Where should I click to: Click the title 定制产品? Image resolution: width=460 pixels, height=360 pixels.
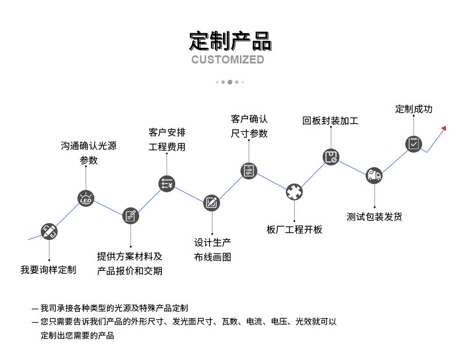click(x=230, y=41)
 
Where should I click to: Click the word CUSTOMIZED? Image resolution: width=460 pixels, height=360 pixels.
click(x=228, y=59)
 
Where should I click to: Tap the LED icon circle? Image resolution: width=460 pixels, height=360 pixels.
click(x=86, y=199)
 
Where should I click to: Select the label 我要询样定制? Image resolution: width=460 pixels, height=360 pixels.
click(x=48, y=270)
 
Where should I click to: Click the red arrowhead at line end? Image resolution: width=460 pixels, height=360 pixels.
click(x=444, y=128)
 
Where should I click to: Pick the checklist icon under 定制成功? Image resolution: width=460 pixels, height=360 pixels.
click(x=413, y=144)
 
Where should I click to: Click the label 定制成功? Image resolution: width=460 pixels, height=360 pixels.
click(x=413, y=109)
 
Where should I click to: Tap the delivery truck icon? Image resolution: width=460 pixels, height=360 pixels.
click(x=374, y=175)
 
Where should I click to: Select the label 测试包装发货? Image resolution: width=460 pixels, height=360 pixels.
click(x=374, y=217)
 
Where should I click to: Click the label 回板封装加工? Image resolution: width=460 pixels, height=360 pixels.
click(x=330, y=121)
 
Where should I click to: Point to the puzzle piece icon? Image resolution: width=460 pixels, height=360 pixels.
click(x=294, y=191)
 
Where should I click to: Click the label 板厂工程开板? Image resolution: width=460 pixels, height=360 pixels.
click(x=294, y=230)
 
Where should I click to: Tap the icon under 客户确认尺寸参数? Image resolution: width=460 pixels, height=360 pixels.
click(x=249, y=171)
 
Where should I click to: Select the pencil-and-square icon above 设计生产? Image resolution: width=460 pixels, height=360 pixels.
click(x=211, y=203)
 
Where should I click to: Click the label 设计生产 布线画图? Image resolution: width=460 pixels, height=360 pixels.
click(x=213, y=249)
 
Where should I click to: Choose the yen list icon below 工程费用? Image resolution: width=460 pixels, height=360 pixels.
click(x=167, y=184)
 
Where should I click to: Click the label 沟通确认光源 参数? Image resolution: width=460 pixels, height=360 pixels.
click(x=89, y=153)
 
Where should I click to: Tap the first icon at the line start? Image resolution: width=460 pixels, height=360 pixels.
click(x=49, y=231)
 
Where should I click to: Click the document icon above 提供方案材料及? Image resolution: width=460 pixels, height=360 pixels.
click(x=130, y=216)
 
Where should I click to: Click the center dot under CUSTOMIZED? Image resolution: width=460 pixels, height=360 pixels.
click(x=229, y=82)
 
